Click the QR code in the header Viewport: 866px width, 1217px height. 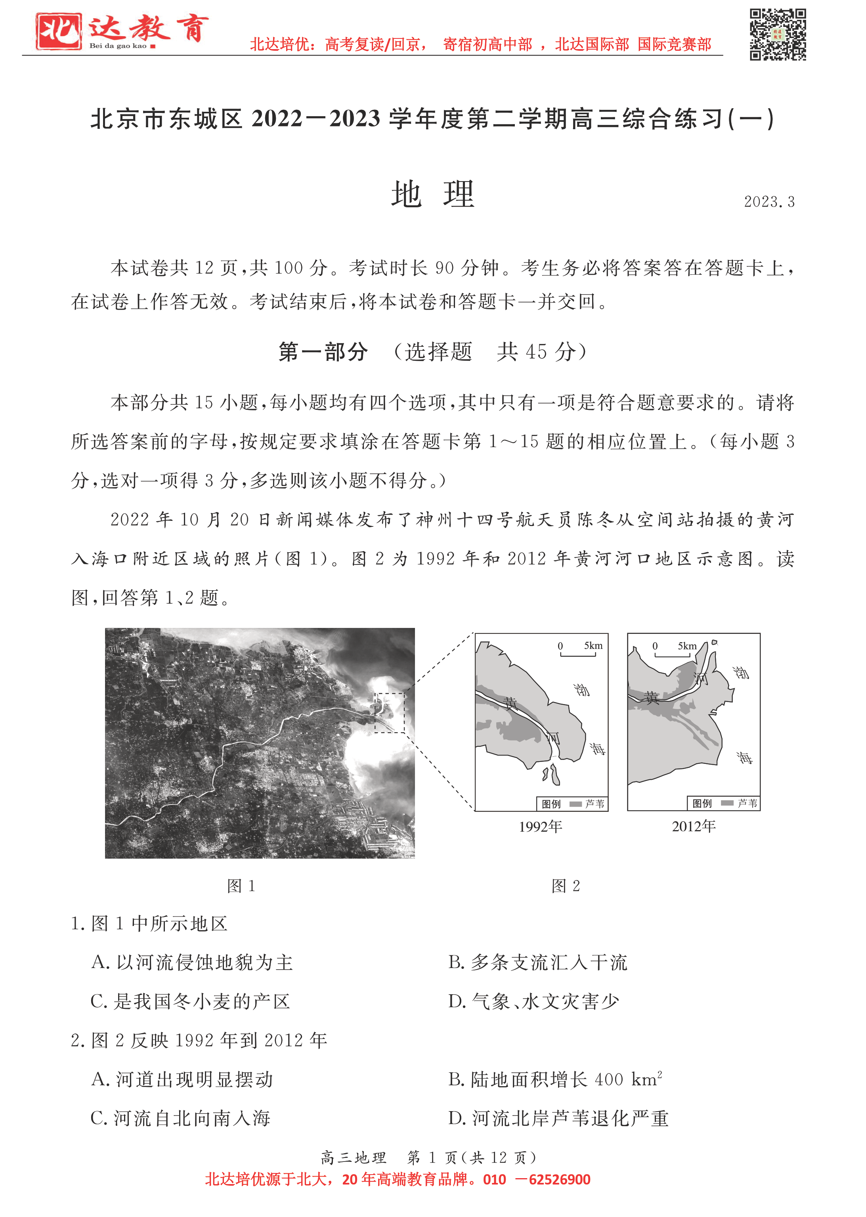click(x=778, y=34)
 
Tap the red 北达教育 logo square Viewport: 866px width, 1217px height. click(x=59, y=31)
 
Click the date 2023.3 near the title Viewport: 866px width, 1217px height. click(x=769, y=202)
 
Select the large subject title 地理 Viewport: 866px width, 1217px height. click(x=432, y=195)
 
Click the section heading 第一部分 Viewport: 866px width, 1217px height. click(x=323, y=352)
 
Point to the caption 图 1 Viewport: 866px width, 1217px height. click(x=241, y=886)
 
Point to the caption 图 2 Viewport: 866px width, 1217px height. click(x=565, y=886)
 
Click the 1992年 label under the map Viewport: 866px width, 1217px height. click(x=540, y=827)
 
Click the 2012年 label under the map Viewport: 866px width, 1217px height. click(x=693, y=826)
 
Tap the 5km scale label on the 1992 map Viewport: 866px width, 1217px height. click(x=593, y=646)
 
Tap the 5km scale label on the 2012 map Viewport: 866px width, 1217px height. click(x=687, y=646)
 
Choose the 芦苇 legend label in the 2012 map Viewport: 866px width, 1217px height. click(x=747, y=803)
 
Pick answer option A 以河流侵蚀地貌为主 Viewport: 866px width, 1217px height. click(x=192, y=963)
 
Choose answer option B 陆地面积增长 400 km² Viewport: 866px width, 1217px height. click(x=554, y=1079)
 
